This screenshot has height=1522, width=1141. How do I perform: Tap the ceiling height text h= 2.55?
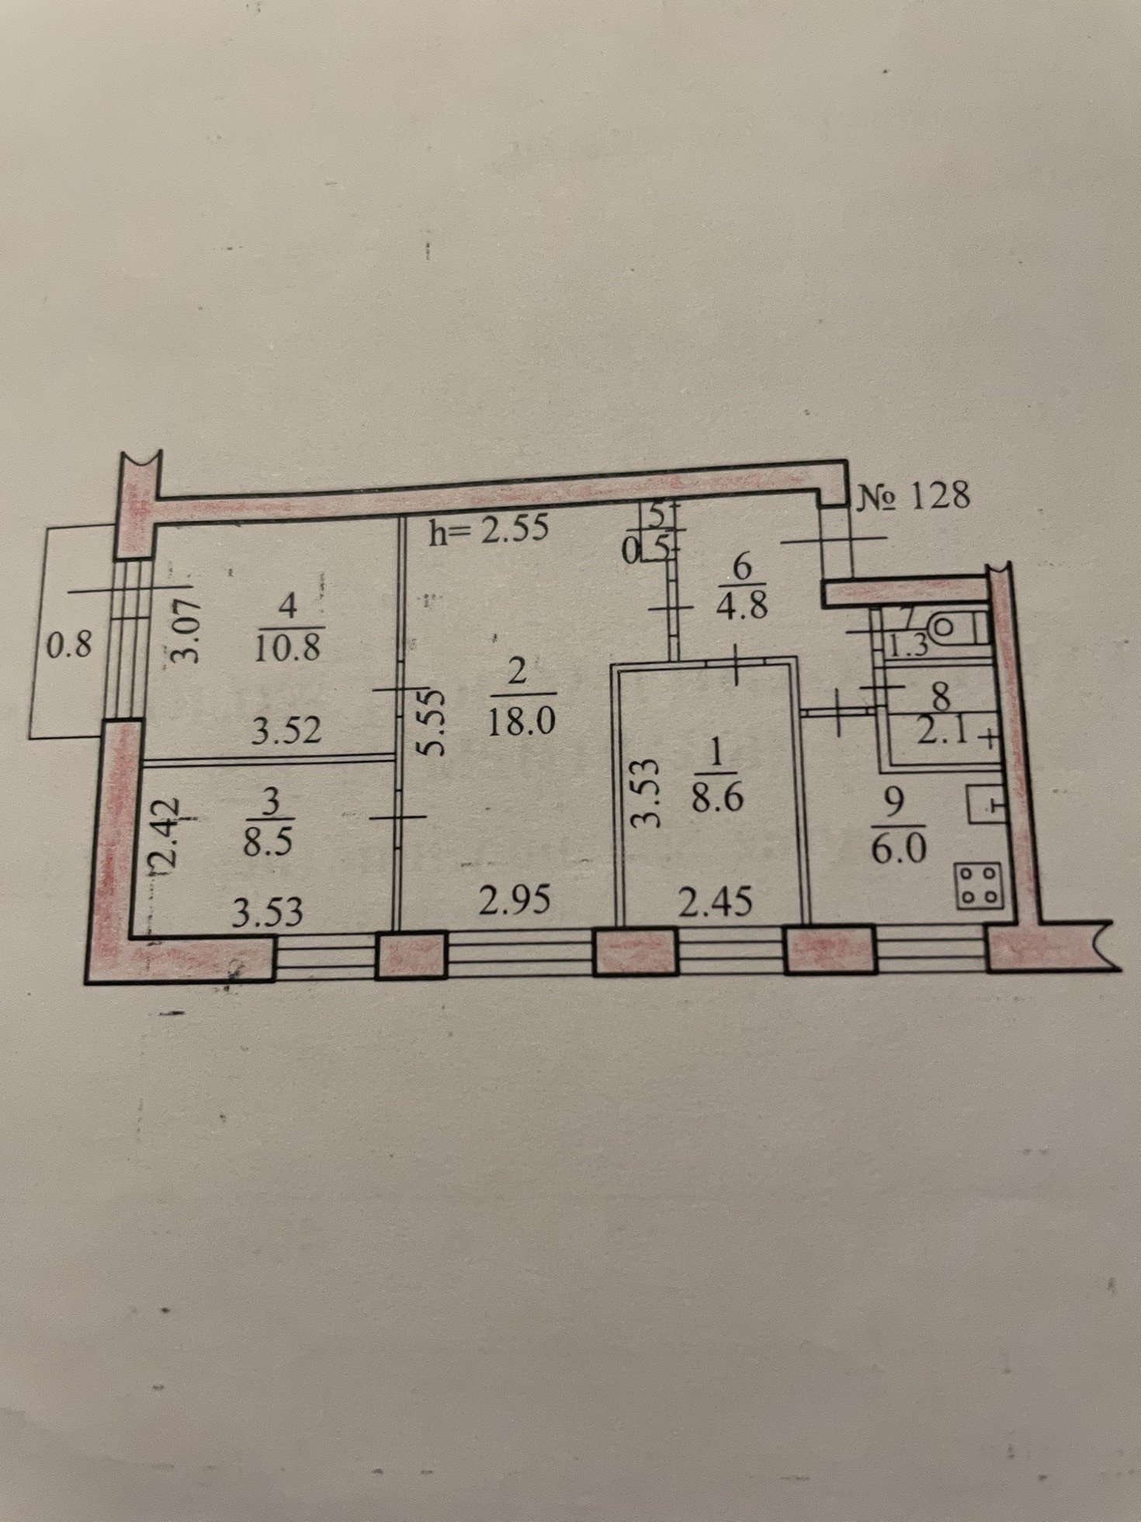pyautogui.click(x=489, y=529)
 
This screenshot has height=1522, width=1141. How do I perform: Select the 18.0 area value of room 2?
pyautogui.click(x=521, y=722)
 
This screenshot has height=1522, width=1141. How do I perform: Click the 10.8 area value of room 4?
pyautogui.click(x=288, y=646)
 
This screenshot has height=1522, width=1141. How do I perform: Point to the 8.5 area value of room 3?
pyautogui.click(x=268, y=842)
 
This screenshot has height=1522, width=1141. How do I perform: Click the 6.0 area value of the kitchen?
pyautogui.click(x=898, y=850)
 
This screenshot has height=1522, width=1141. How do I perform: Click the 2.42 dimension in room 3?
pyautogui.click(x=165, y=834)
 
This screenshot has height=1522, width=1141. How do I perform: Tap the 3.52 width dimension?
pyautogui.click(x=286, y=731)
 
